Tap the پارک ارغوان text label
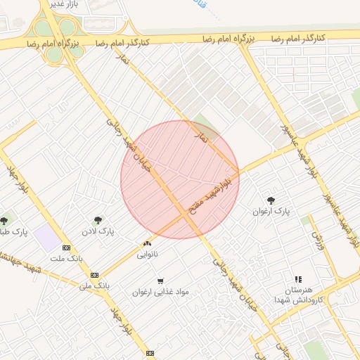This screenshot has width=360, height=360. tap(271, 211)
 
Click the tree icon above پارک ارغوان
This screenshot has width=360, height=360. tap(271, 200)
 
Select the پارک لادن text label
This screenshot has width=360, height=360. tap(97, 231)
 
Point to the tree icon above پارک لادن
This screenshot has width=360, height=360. tap(97, 219)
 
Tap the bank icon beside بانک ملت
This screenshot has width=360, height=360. tap(66, 247)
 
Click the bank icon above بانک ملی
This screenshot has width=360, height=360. tap(94, 275)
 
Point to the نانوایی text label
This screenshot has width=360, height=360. tap(147, 253)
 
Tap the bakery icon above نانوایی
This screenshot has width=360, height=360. tap(147, 243)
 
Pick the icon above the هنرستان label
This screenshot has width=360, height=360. tap(297, 280)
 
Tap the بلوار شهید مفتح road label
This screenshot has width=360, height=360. tap(207, 195)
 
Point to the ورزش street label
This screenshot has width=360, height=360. tap(316, 241)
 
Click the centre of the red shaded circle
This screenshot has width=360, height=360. tap(180, 179)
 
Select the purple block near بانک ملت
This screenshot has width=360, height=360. tap(49, 238)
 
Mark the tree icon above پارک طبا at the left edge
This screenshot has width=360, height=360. tap(6, 221)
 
